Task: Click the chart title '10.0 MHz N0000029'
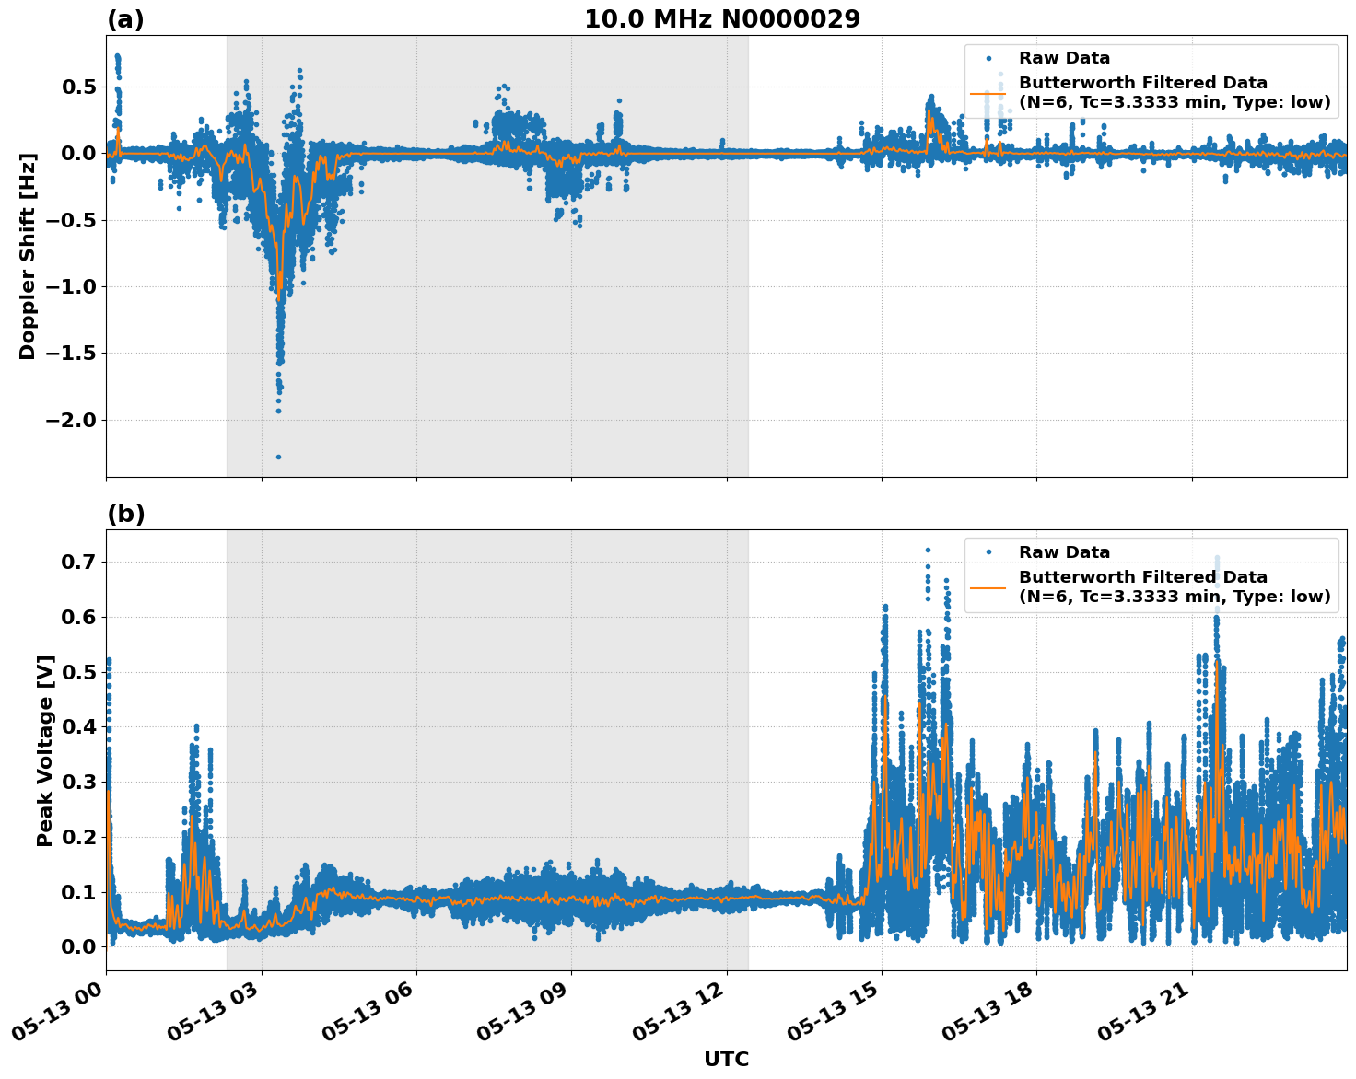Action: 722,19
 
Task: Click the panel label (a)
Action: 125,19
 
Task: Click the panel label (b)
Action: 125,514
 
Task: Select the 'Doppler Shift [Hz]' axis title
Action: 28,256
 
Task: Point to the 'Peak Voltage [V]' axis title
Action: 45,750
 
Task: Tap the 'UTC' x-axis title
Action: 726,1059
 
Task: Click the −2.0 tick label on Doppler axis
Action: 70,420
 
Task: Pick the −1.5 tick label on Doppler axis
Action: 70,353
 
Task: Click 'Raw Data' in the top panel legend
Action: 1064,59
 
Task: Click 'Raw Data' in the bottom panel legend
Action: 1064,552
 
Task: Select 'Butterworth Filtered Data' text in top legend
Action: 1142,83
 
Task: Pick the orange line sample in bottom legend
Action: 988,586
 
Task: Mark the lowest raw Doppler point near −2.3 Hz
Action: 278,457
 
